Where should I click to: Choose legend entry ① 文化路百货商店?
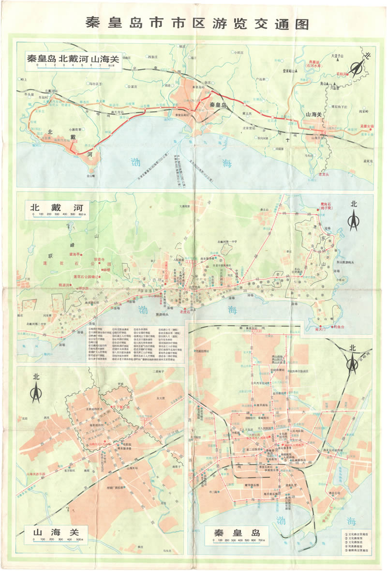tap(358, 531)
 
